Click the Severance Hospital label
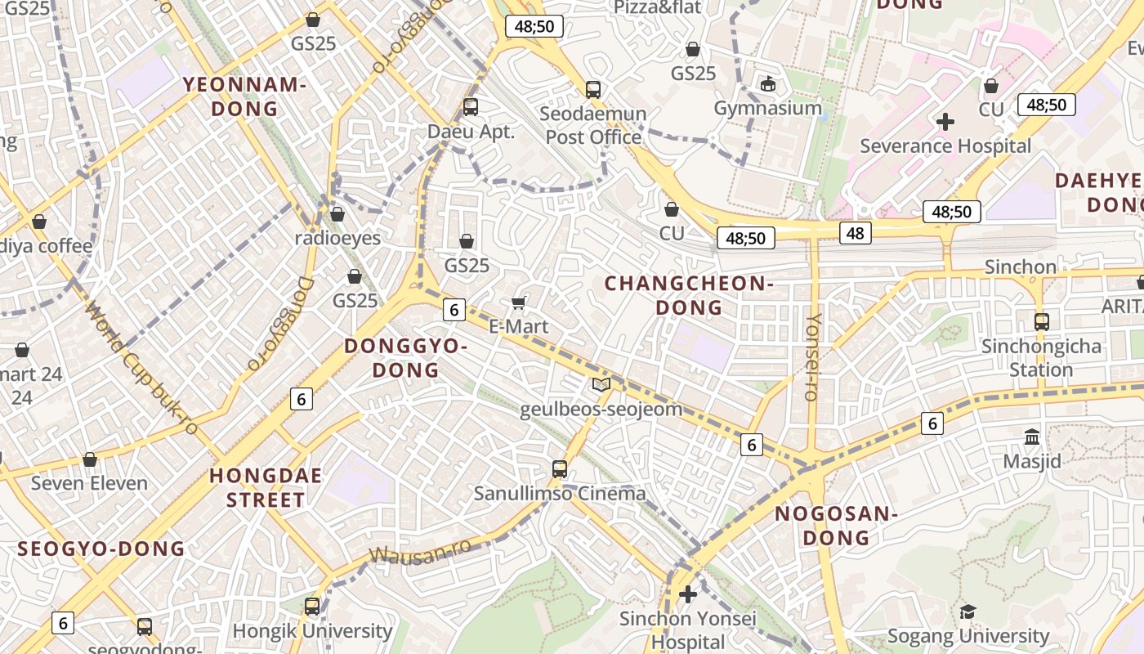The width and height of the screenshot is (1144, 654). (945, 146)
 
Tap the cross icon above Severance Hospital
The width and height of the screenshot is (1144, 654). (945, 122)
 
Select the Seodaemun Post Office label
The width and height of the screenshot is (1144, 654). (593, 125)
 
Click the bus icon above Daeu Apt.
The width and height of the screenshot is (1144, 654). (470, 106)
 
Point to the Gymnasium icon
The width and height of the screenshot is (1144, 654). (768, 83)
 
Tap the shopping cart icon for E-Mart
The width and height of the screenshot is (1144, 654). (518, 303)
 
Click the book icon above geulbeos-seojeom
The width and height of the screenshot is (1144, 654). (601, 384)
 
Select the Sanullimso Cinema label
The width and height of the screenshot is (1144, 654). (560, 493)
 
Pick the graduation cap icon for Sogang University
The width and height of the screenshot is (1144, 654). (967, 611)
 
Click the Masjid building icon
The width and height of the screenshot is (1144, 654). (1032, 437)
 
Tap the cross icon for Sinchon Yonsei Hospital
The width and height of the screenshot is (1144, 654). (688, 594)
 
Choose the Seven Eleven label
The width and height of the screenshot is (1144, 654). (89, 483)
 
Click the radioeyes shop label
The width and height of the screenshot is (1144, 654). (337, 238)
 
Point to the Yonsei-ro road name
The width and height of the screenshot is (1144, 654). (811, 356)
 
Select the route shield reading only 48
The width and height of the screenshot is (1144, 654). (855, 233)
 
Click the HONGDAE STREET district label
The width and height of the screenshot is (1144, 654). (266, 487)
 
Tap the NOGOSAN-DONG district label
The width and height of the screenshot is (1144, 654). (836, 525)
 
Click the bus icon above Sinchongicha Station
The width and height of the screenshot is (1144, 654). (1041, 321)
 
